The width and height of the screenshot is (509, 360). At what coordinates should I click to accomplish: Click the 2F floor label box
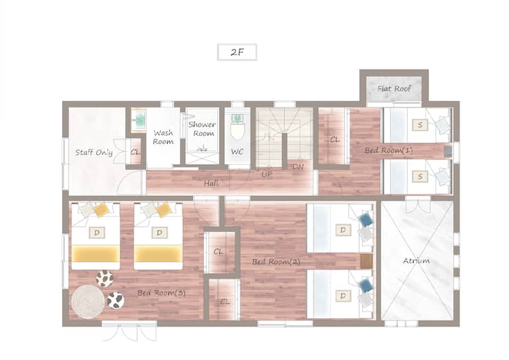[237, 52]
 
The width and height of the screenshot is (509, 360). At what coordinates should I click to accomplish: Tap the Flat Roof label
[394, 88]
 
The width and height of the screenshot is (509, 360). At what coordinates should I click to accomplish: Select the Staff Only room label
[94, 152]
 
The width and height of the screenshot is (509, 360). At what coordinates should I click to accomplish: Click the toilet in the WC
[238, 127]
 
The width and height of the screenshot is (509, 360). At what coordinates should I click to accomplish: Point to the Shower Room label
[202, 129]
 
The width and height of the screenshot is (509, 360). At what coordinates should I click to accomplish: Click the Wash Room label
[163, 137]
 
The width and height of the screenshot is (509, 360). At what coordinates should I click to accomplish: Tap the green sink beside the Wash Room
[139, 120]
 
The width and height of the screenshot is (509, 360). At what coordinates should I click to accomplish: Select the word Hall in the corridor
[211, 184]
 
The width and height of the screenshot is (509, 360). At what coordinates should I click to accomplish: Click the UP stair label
[267, 175]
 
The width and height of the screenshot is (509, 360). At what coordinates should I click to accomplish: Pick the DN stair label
[298, 167]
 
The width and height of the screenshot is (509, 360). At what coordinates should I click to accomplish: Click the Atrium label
[416, 260]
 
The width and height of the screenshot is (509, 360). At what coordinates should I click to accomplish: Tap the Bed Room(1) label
[389, 150]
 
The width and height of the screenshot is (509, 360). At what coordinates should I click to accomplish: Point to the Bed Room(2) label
[276, 262]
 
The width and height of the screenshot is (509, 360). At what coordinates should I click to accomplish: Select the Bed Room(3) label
[161, 293]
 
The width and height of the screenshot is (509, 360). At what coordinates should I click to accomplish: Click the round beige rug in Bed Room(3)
[88, 301]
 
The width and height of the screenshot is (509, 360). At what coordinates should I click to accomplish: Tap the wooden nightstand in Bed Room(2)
[366, 261]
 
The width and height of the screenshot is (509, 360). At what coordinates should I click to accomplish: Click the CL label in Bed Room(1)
[334, 140]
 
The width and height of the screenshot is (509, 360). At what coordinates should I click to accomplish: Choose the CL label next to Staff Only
[136, 152]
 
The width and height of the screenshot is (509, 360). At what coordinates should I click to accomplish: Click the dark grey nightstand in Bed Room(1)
[448, 151]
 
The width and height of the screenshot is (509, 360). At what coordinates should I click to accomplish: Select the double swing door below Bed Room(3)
[129, 332]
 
